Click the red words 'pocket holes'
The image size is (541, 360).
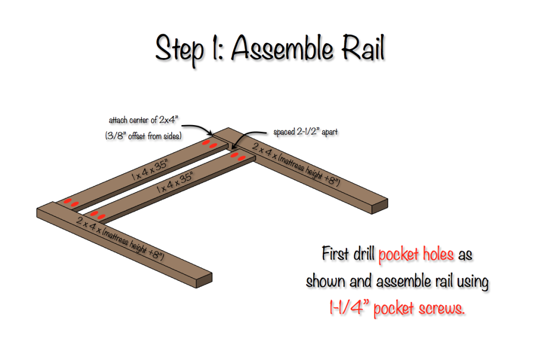[x=416, y=255]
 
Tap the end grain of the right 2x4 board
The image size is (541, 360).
[x=380, y=206]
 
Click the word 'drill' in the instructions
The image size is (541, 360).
[x=362, y=255]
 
